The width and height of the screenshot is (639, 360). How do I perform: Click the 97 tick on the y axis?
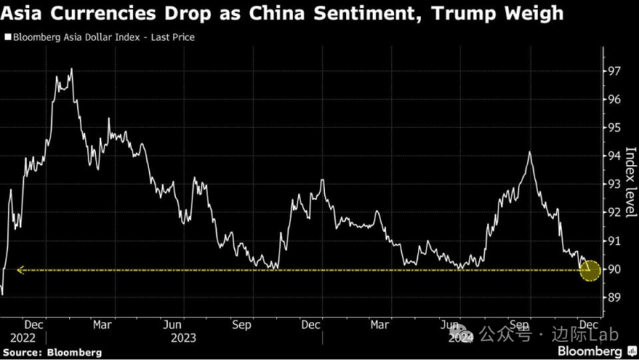(x=615, y=71)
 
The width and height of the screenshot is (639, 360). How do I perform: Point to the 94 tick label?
(x=615, y=156)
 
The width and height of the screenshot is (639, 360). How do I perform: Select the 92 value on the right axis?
(x=615, y=212)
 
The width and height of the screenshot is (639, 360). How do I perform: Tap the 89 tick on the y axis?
(x=615, y=297)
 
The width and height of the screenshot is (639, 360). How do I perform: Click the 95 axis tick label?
(x=615, y=127)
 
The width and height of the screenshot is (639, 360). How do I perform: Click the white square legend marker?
(x=7, y=37)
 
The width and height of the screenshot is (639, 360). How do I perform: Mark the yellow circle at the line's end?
(x=590, y=270)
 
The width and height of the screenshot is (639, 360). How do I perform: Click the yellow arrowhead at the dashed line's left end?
(x=21, y=270)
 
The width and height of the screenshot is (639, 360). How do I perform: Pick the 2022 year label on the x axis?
(x=23, y=337)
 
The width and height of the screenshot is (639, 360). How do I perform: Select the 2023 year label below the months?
(x=184, y=337)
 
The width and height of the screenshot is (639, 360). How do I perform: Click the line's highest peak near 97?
(x=71, y=69)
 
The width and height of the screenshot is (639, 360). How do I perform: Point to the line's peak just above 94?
(x=529, y=152)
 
